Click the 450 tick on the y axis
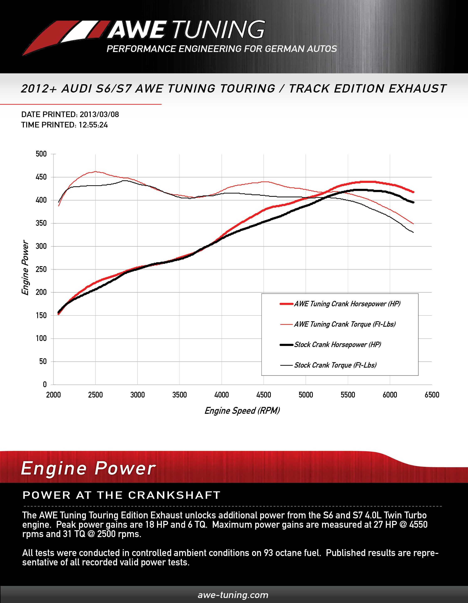[41, 177]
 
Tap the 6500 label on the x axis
[432, 395]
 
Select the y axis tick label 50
[43, 361]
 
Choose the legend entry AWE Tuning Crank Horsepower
[347, 304]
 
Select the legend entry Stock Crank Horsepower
[338, 345]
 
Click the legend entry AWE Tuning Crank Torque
[344, 324]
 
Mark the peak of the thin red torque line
[95, 172]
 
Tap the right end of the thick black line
[413, 202]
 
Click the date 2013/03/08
[99, 114]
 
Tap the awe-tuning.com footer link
[233, 595]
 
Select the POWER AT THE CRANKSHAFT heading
[121, 495]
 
